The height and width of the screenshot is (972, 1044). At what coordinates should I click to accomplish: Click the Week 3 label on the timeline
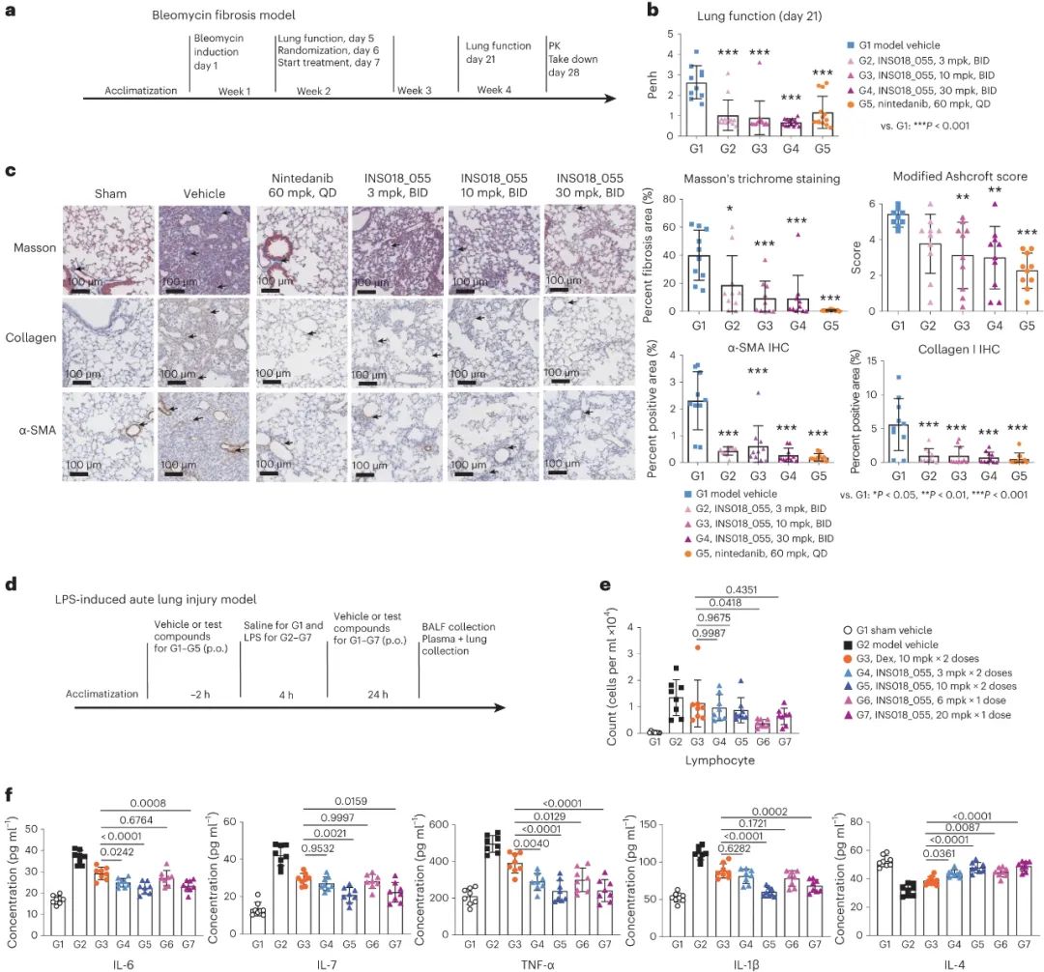[414, 90]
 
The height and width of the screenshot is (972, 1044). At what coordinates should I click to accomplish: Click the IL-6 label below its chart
[87, 957]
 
